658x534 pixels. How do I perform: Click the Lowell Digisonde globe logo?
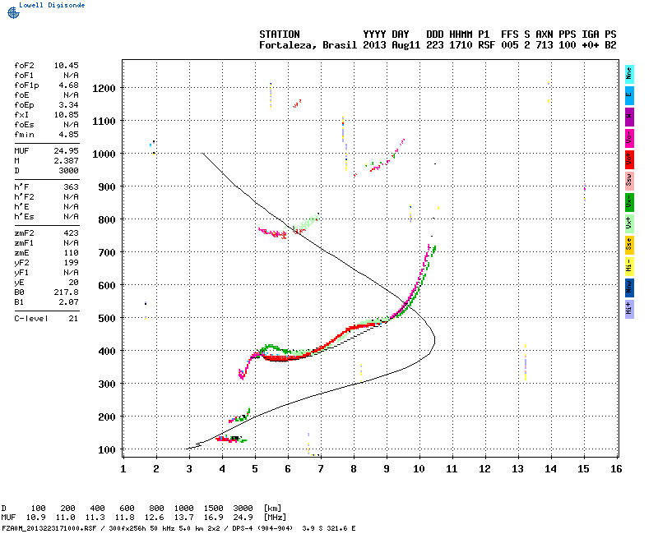click(11, 12)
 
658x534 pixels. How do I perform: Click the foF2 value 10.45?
click(66, 64)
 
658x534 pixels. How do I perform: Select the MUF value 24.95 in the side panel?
click(66, 151)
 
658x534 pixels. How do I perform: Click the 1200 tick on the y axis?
click(103, 88)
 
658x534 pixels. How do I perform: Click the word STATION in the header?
click(280, 35)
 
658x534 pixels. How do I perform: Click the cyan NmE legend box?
click(629, 74)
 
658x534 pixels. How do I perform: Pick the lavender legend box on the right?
click(629, 308)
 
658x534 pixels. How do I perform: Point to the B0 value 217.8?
click(66, 292)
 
